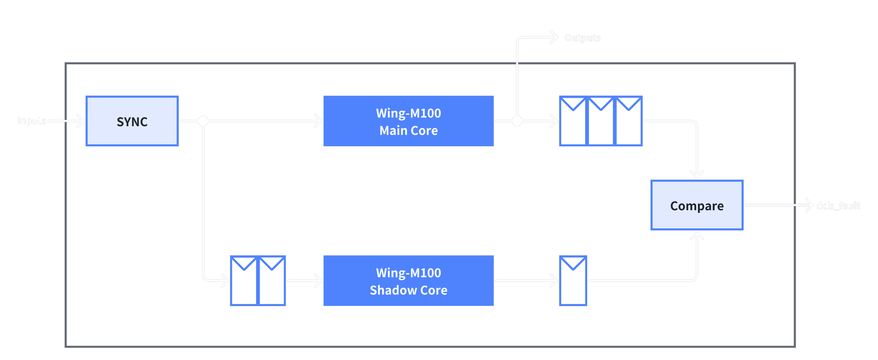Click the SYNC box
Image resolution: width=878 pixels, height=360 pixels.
click(132, 121)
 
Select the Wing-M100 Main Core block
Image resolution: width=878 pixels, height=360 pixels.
click(408, 121)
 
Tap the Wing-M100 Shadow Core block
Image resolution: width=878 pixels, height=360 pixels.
click(408, 281)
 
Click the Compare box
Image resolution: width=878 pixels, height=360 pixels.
click(697, 205)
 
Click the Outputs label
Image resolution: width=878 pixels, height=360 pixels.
click(582, 38)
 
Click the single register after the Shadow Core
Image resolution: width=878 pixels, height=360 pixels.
click(573, 281)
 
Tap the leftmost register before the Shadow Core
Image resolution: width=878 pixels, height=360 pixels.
click(244, 281)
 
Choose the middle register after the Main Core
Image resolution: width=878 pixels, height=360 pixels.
click(601, 121)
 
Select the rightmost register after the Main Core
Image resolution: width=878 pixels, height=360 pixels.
click(628, 121)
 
